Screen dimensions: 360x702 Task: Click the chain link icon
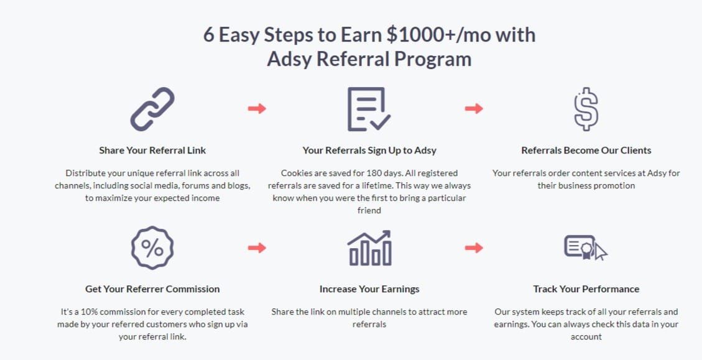click(x=152, y=109)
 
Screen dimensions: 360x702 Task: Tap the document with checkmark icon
click(x=369, y=109)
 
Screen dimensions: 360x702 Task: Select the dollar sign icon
click(x=586, y=109)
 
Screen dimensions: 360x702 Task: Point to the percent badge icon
click(x=152, y=248)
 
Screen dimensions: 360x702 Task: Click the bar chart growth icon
click(x=369, y=248)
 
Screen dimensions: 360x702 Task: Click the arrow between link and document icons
click(x=257, y=109)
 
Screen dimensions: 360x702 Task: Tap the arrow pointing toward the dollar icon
click(x=474, y=109)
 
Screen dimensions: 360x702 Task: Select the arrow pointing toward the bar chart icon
click(x=257, y=248)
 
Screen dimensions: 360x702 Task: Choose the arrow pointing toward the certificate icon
click(x=474, y=248)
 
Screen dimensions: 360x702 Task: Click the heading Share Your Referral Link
click(x=152, y=150)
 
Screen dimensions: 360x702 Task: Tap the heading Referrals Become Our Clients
click(x=586, y=150)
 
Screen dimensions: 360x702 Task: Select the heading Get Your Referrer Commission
click(x=152, y=289)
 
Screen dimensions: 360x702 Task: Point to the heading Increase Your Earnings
click(x=369, y=289)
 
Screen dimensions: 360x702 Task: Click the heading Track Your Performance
click(x=586, y=289)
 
